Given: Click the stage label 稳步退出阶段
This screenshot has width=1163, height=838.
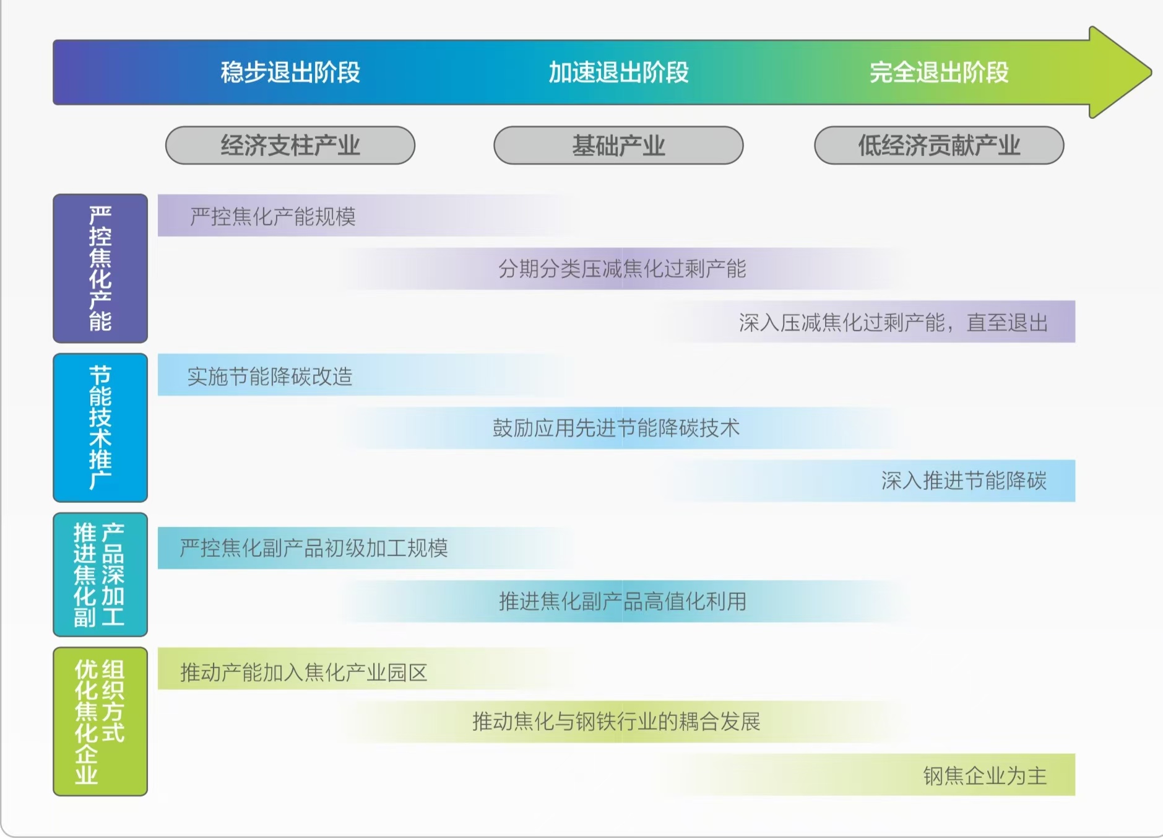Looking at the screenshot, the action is [x=290, y=72].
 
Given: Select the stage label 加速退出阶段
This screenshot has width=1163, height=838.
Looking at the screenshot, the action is [x=618, y=72].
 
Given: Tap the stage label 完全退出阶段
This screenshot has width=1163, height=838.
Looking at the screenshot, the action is [x=939, y=72].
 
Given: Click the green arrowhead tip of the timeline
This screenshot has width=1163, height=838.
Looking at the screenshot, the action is [x=1151, y=72].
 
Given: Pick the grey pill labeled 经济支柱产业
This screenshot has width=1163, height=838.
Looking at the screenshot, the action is [x=290, y=146].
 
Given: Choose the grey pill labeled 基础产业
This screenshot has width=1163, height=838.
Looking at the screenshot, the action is [x=618, y=146].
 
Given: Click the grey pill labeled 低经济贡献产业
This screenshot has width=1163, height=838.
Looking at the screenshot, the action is [x=939, y=146].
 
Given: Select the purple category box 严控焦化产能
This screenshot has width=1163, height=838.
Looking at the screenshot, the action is [x=100, y=268].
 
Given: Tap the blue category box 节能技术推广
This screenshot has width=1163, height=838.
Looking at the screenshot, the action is [x=100, y=427].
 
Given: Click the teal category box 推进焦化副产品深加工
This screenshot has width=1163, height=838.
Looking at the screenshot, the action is [x=100, y=575].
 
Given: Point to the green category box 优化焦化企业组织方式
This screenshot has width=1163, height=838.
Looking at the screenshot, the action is [x=100, y=722].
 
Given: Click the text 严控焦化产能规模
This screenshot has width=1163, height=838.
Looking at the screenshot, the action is [x=273, y=216].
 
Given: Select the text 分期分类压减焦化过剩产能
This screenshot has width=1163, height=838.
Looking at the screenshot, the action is [x=622, y=269].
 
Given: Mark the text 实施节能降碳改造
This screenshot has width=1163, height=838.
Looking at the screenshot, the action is [x=270, y=376].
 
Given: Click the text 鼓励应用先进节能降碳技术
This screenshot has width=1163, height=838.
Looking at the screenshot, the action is [x=616, y=428].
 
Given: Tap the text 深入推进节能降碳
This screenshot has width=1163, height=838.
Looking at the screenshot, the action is [x=964, y=481].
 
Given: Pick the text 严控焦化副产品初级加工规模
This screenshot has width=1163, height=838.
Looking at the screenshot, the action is [x=314, y=548].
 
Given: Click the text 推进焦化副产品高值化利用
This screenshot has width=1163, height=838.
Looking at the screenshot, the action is [x=623, y=601].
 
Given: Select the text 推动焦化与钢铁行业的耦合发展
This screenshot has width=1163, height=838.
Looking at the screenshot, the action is [x=616, y=722].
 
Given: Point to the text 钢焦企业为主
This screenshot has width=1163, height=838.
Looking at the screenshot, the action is [x=985, y=775].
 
